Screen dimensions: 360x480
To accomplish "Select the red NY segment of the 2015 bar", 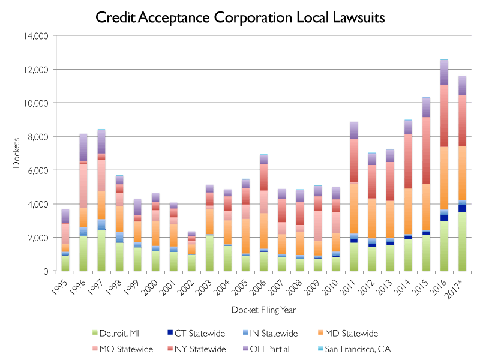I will point(425,150).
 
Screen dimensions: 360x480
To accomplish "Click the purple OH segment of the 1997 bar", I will point(101,142).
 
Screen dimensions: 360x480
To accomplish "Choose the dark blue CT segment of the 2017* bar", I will point(463,208).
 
